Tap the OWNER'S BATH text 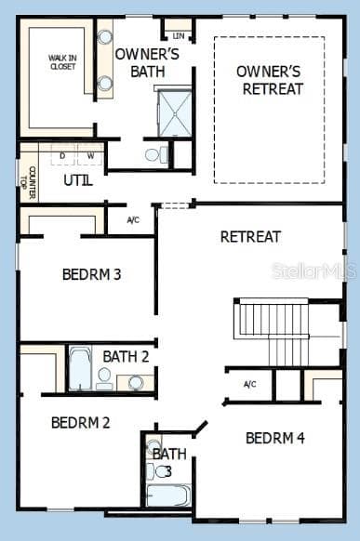[140, 62]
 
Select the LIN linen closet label [179, 36]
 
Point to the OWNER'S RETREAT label [270, 80]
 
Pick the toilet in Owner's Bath [155, 154]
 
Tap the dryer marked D [62, 155]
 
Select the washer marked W [90, 155]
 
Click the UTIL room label [77, 180]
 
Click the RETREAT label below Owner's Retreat [250, 237]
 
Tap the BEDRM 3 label [92, 275]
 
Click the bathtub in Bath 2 [80, 369]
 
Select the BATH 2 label [126, 356]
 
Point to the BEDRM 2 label [80, 423]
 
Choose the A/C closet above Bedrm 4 [249, 384]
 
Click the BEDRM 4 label [275, 438]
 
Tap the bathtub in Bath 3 [168, 495]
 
